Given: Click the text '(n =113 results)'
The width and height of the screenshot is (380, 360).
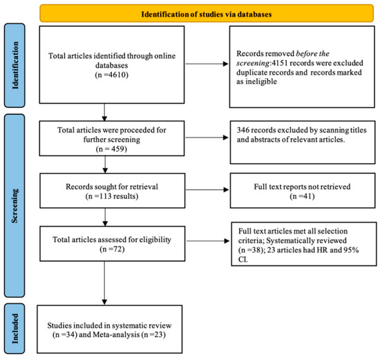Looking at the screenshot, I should click(x=104, y=194).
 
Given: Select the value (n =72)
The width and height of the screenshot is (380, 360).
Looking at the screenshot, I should click(x=104, y=248).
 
